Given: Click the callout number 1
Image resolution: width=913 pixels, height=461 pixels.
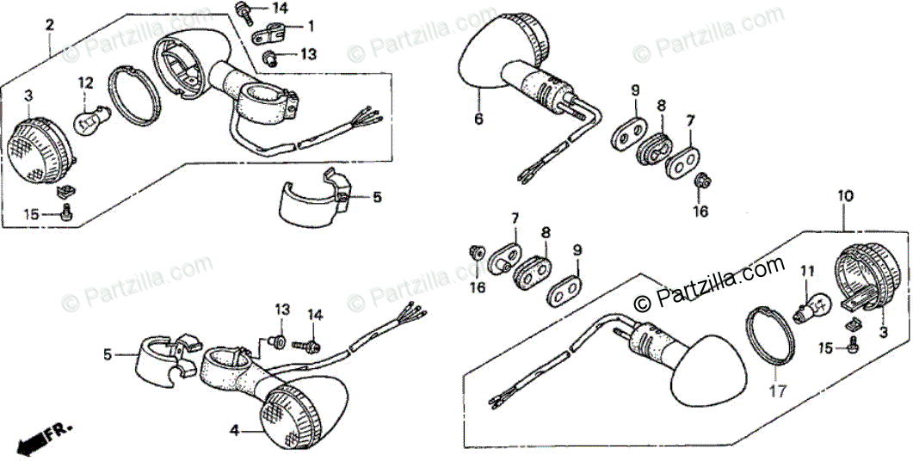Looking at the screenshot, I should coord(310,26).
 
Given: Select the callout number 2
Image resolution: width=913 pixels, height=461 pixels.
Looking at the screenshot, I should coord(50,25).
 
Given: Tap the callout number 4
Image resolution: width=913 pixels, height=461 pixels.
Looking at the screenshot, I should coord(233,430).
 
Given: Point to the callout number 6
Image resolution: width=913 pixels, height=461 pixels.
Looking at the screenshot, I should coord(478,118).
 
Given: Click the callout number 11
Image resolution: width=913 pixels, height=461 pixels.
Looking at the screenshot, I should coord(806,272).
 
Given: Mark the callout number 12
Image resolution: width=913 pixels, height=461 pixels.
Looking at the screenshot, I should coord(85,83).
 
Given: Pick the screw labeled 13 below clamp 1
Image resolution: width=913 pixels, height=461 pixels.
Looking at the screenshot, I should coord(270,58).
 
